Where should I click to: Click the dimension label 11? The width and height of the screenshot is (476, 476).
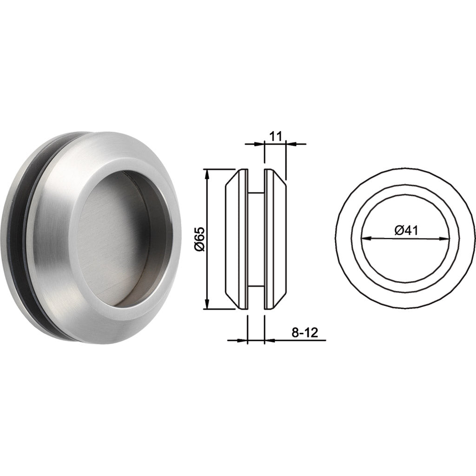(x=275, y=136)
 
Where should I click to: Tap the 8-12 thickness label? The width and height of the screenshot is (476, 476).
(x=304, y=332)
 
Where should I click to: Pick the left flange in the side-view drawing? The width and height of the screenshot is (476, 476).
(x=237, y=239)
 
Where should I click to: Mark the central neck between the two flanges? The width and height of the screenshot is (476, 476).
(x=256, y=239)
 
